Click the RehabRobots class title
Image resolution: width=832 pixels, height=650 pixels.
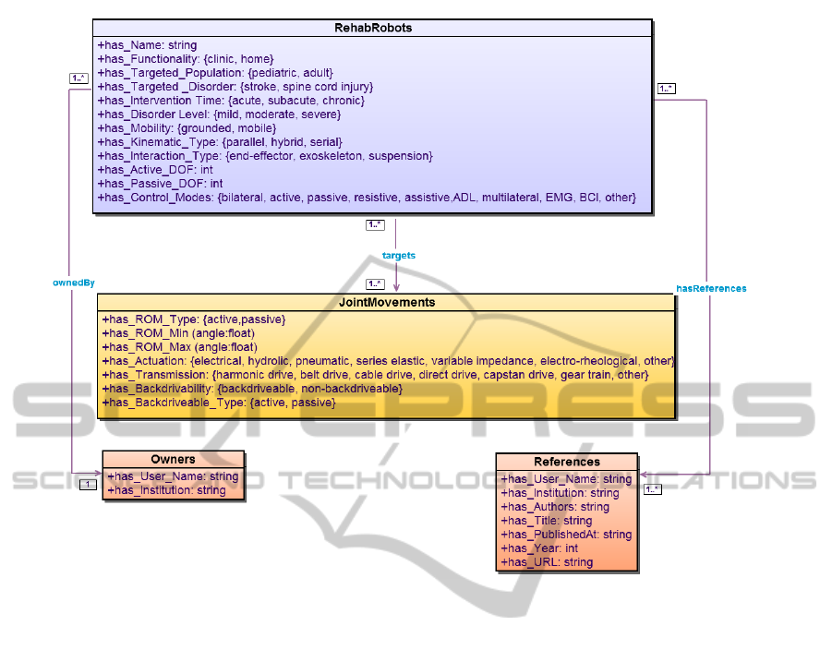[x=373, y=28]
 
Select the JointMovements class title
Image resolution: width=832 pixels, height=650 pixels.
[x=386, y=302]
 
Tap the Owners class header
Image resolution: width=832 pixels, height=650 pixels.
[x=173, y=459]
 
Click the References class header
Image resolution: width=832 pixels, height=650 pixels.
[x=566, y=462]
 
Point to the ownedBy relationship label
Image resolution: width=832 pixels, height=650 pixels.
[x=74, y=282]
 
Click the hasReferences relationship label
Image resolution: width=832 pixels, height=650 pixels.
[x=711, y=288]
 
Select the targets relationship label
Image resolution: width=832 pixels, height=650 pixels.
[x=398, y=255]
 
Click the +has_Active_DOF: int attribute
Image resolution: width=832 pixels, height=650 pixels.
[x=155, y=170]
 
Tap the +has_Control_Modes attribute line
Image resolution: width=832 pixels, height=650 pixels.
[x=366, y=198]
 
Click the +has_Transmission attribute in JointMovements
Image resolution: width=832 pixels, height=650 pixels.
[x=375, y=374]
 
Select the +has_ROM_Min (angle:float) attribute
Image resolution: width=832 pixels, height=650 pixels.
[x=178, y=332]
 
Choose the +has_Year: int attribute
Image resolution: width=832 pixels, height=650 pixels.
[x=539, y=548]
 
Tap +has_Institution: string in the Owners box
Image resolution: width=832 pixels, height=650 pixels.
[x=166, y=490]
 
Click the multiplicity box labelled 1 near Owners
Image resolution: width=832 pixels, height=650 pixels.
[x=88, y=484]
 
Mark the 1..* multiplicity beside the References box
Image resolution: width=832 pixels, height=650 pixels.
[x=652, y=489]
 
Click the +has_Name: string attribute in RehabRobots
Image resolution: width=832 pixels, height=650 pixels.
[x=147, y=44]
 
